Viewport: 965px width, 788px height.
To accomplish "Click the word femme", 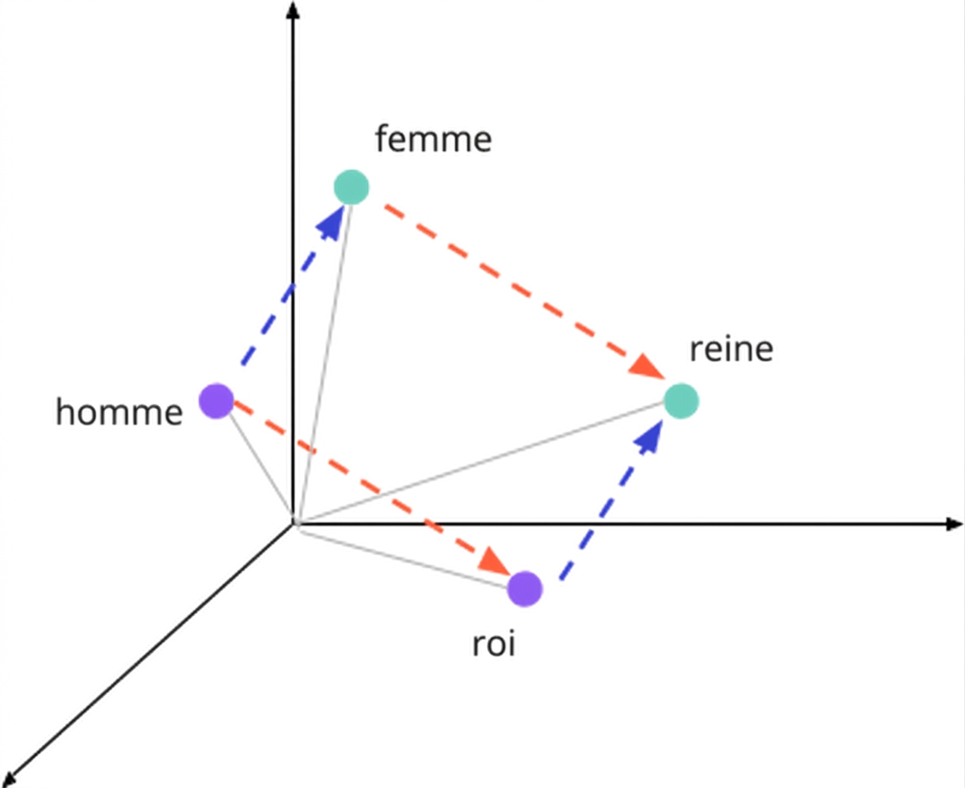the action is (x=433, y=138).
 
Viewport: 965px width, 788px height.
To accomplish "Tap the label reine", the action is (x=731, y=349).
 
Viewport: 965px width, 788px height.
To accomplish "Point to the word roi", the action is (x=494, y=644).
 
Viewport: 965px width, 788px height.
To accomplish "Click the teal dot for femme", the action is (x=351, y=187).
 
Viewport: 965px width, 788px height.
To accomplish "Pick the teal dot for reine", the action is (x=682, y=401).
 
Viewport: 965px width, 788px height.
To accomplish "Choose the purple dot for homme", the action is (x=216, y=401).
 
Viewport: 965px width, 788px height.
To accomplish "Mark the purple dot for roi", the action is (x=525, y=588).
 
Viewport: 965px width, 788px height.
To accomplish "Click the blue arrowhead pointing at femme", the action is (x=331, y=222).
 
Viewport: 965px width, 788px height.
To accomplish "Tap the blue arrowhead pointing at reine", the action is (x=648, y=436).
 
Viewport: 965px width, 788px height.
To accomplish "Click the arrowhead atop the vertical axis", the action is (x=294, y=9).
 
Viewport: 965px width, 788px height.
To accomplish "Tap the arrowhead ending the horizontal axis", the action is (x=954, y=524).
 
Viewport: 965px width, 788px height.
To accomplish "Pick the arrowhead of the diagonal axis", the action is (x=10, y=776).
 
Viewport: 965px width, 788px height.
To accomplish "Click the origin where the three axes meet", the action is (x=294, y=524).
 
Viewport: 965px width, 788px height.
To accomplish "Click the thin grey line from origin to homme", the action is (x=260, y=467).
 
